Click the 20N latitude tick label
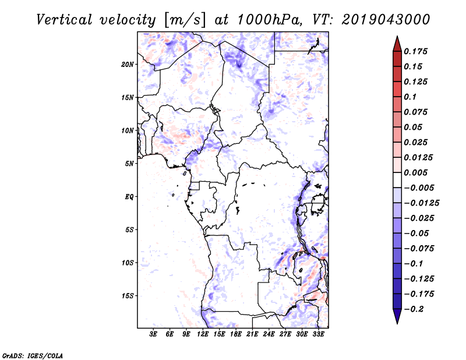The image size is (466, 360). pyautogui.click(x=128, y=64)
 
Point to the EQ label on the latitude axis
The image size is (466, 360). pyautogui.click(x=129, y=197)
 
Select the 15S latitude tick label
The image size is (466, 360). pyautogui.click(x=128, y=296)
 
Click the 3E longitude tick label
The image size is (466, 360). pyautogui.click(x=154, y=335)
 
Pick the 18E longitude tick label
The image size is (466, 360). pyautogui.click(x=236, y=335)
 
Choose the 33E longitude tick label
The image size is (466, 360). pyautogui.click(x=318, y=335)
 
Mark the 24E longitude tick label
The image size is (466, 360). pyautogui.click(x=269, y=335)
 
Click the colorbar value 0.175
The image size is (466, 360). pyautogui.click(x=417, y=51)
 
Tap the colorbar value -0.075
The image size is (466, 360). pyautogui.click(x=421, y=248)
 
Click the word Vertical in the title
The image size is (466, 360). pyautogui.click(x=63, y=19)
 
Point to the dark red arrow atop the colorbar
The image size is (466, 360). pyautogui.click(x=397, y=43)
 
